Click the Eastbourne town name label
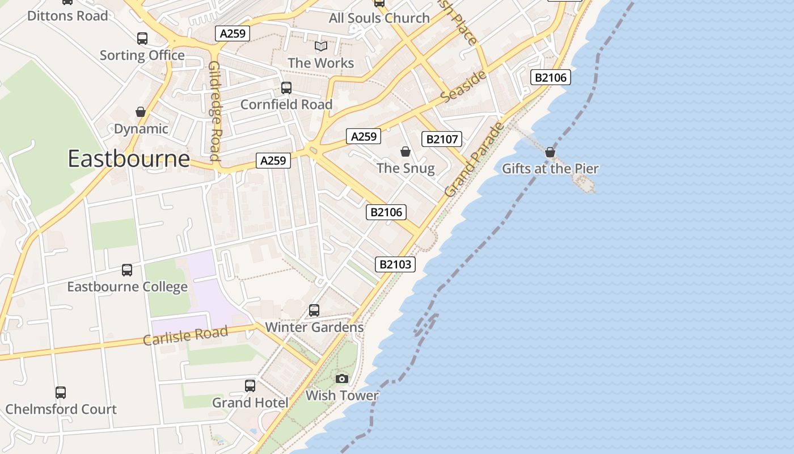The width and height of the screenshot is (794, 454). point(129,158)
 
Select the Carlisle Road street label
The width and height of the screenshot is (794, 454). point(185,335)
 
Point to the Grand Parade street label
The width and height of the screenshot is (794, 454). point(474,160)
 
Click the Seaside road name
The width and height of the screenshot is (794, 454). point(463,87)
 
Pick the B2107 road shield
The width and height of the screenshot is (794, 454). point(442,139)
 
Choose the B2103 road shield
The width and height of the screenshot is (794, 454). point(395,264)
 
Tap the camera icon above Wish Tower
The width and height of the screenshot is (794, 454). point(342,379)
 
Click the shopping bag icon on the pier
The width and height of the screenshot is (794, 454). point(550,152)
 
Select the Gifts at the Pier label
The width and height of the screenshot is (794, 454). point(550,169)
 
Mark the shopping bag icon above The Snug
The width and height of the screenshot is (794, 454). point(406,152)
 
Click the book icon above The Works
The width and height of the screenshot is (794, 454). point(321,47)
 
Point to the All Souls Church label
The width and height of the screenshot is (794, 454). point(379,18)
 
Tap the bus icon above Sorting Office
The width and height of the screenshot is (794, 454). point(142,39)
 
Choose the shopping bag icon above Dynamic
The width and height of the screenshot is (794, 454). point(141,112)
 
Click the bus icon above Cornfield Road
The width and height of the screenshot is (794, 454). point(286,88)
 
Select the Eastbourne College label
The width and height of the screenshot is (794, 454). point(127,287)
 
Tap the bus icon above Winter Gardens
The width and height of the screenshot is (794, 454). point(314,310)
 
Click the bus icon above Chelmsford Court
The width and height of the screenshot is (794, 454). point(61,392)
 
